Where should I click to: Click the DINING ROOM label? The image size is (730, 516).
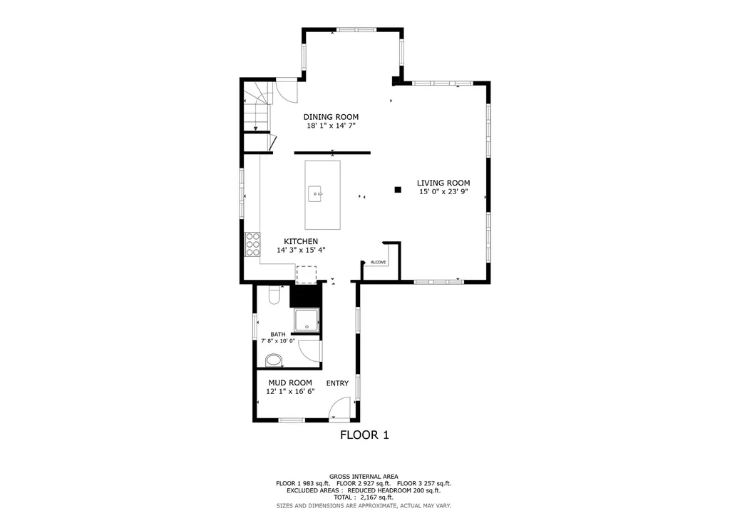[x=331, y=117]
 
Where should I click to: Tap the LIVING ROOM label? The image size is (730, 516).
[x=443, y=183]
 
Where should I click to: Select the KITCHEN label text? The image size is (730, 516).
[x=301, y=241]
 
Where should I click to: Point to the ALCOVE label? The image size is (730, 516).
[x=378, y=263]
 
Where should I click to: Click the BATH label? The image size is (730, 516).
[x=278, y=334]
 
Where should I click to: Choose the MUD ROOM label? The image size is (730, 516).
[x=290, y=383]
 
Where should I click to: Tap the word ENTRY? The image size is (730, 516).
[x=337, y=383]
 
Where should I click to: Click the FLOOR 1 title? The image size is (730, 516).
[x=364, y=435]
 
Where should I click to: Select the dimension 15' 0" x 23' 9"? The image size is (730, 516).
[x=443, y=191]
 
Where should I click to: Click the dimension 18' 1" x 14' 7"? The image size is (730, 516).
[x=331, y=126]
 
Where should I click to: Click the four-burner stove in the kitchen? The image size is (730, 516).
[x=253, y=244]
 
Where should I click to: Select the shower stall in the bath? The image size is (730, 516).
[x=307, y=320]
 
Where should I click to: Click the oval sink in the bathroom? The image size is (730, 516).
[x=273, y=360]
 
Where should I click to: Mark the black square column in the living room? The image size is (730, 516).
[x=398, y=190]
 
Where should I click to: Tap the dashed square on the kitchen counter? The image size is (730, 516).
[x=307, y=275]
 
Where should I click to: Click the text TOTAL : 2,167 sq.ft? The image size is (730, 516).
[x=363, y=497]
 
